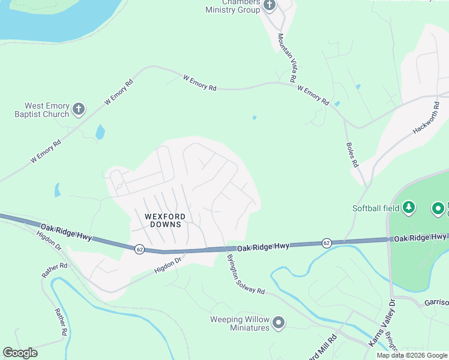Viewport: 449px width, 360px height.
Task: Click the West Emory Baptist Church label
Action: (43, 110)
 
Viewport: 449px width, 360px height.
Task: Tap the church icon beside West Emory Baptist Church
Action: (78, 109)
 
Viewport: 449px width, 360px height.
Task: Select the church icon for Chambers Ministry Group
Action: (269, 5)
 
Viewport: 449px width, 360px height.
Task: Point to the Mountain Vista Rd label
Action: (286, 58)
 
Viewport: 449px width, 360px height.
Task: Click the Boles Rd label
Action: (352, 154)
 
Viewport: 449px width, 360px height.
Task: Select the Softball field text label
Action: (375, 209)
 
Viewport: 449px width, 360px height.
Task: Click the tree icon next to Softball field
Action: (409, 208)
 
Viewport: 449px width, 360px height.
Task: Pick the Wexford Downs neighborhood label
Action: (164, 220)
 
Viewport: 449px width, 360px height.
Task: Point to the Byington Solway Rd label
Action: (245, 274)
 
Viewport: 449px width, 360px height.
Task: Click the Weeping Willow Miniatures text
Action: (240, 323)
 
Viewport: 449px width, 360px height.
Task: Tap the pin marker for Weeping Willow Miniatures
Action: (279, 323)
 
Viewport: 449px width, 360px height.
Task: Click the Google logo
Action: (20, 352)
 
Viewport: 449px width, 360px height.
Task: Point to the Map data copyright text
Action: (412, 355)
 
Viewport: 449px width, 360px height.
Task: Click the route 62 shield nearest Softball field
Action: (327, 243)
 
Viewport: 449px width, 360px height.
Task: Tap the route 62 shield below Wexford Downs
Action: (139, 249)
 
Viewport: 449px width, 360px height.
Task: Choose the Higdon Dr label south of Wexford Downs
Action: (168, 265)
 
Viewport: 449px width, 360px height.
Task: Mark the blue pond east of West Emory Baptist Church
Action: (100, 131)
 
